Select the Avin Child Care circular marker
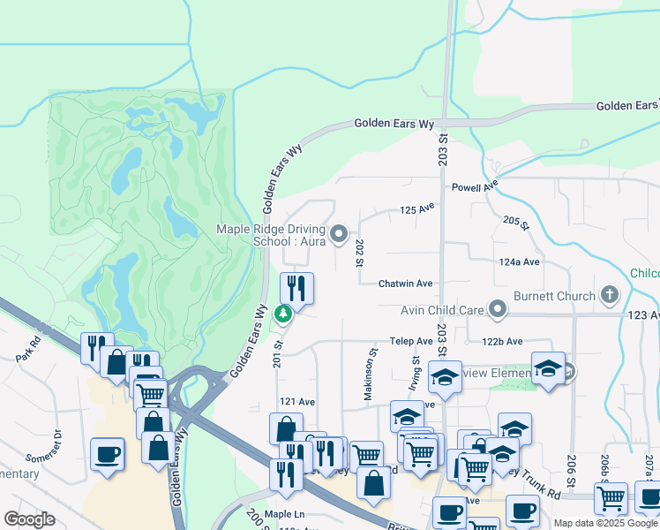pos(499,309)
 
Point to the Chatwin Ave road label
pos(405,284)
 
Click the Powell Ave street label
pos(475,187)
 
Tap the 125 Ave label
pos(418,209)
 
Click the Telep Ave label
pos(411,341)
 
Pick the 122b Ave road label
pos(502,341)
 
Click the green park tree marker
pos(282,314)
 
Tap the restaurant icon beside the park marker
pos(296,288)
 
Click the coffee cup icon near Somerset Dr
pos(108,454)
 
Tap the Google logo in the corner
pos(29,519)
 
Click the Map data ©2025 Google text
pos(606,523)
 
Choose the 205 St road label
pos(515,223)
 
